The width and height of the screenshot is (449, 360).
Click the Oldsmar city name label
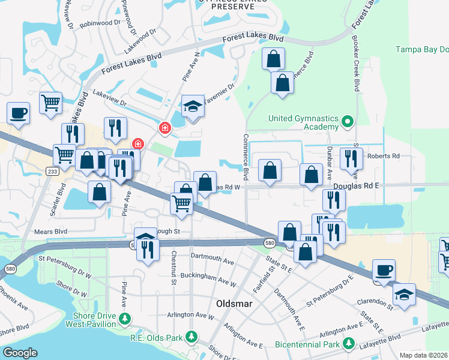coord(234,304)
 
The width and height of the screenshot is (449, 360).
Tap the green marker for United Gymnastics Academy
coord(346,123)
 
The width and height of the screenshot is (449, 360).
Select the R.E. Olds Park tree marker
coord(191,337)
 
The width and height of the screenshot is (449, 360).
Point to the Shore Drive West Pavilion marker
coord(125,318)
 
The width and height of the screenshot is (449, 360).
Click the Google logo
coord(20,353)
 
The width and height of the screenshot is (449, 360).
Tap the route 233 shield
coord(52,172)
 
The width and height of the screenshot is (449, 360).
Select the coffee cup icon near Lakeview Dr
coord(18,112)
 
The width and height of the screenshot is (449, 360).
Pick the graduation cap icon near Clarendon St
coord(405,295)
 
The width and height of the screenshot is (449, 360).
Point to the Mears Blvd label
coord(50,230)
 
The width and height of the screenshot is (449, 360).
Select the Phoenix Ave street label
coord(13,298)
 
